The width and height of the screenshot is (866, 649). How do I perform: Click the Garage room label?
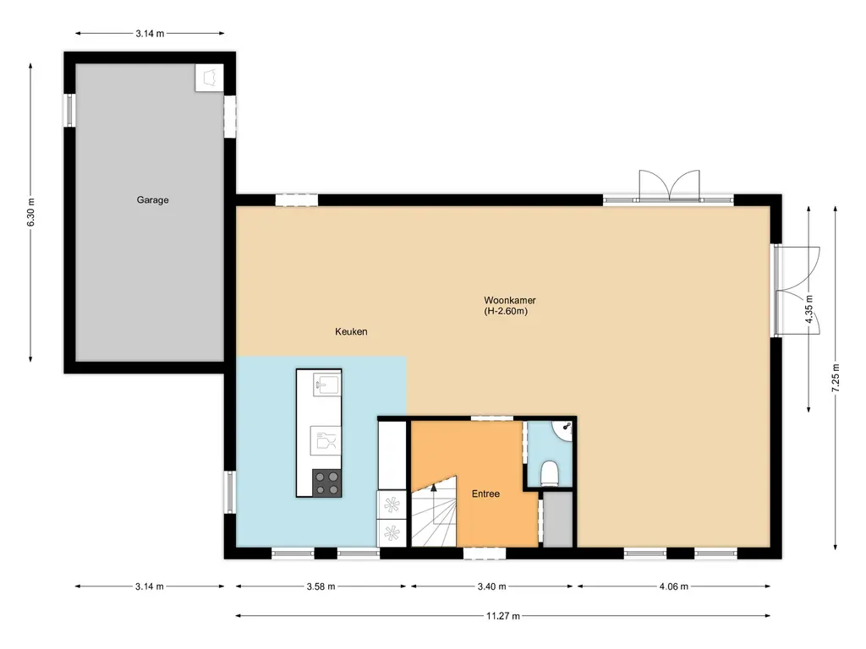coord(152,199)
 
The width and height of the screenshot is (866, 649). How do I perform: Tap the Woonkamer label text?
coord(510,300)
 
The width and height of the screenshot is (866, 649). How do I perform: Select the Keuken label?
coord(351,331)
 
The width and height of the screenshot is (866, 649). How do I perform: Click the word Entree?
coord(485,494)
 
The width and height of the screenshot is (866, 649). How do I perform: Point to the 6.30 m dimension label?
coord(31,212)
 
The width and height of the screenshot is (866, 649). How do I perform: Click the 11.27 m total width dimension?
coord(502,616)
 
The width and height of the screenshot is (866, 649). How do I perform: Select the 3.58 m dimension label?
coord(321,586)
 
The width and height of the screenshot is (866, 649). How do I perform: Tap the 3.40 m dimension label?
coord(491,586)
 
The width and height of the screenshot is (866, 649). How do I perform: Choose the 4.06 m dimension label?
coord(674,586)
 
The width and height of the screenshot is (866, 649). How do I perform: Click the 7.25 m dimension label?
coord(836,378)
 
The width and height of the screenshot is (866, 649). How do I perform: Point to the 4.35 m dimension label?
coord(809,309)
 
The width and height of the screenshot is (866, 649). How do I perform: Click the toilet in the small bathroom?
coord(550,474)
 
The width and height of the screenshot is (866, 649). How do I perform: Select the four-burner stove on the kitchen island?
coord(327,483)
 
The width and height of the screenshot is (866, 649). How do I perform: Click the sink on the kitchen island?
coord(327,384)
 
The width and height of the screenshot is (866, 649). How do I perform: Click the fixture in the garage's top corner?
coord(210,78)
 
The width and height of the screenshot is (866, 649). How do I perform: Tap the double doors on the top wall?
coord(670,185)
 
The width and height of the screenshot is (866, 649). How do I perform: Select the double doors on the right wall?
coord(797,290)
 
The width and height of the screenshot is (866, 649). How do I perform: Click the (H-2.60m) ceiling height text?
coord(506,311)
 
